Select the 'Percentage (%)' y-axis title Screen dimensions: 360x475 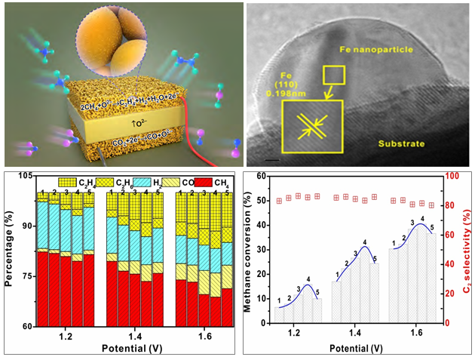point(8,249)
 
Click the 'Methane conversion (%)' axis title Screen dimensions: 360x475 point(249,249)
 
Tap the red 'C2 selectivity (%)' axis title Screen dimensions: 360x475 point(468,249)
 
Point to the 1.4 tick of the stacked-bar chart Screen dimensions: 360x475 point(135,334)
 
